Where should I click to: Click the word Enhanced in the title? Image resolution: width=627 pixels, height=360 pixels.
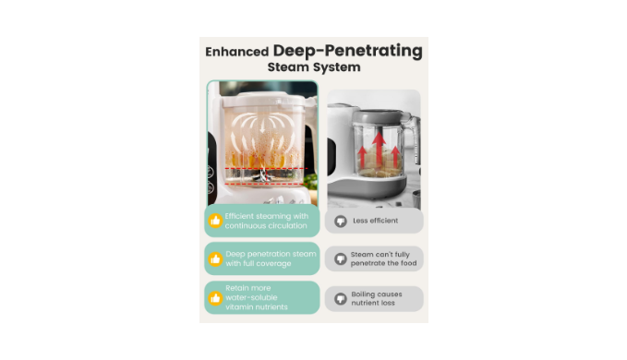click(236, 52)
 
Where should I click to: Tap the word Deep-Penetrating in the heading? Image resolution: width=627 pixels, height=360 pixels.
click(347, 51)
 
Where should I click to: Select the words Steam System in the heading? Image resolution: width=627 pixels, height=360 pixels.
click(314, 67)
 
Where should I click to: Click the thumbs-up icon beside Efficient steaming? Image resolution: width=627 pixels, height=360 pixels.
click(215, 221)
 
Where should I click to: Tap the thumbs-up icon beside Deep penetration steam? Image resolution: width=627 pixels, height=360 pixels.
click(215, 258)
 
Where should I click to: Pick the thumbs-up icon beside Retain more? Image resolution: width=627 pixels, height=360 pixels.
click(215, 297)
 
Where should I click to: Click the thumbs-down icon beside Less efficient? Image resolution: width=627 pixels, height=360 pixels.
click(341, 221)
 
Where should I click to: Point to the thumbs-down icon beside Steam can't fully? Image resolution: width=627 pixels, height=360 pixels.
click(341, 258)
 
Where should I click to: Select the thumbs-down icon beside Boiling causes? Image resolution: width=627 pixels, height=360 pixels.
click(341, 298)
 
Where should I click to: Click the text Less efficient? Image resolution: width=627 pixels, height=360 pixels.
click(375, 221)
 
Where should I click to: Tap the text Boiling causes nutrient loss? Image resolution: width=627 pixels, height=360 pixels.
click(376, 298)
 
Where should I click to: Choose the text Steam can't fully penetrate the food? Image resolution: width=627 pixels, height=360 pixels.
click(383, 258)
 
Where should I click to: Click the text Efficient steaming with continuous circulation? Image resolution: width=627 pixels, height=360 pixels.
click(266, 221)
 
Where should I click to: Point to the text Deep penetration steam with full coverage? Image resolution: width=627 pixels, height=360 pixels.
click(271, 258)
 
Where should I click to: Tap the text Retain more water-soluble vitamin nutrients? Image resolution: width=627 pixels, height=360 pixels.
click(257, 297)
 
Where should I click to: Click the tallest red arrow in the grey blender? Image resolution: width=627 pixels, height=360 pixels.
click(379, 149)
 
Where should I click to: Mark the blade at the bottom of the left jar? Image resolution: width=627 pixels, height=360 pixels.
click(262, 175)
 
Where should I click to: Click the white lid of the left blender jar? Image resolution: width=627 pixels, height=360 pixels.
click(263, 100)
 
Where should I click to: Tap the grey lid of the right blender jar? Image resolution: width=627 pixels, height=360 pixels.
click(376, 116)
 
